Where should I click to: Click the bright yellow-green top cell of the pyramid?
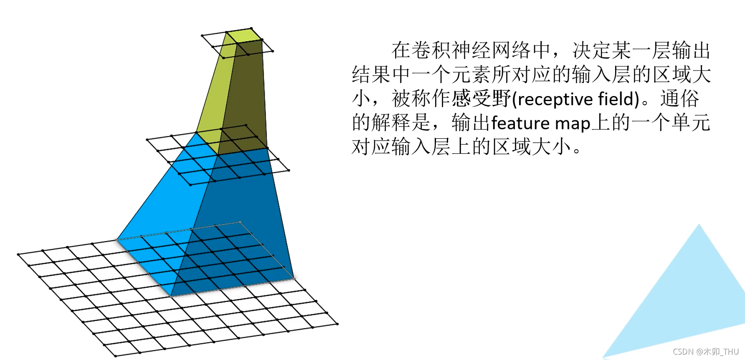[244, 36]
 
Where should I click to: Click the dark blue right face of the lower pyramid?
[242, 209]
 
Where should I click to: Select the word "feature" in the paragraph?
[520, 124]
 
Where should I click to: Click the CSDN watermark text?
[705, 352]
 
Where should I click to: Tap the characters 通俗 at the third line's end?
[680, 99]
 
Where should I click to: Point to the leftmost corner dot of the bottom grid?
[18, 254]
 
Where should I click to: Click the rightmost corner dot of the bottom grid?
[337, 324]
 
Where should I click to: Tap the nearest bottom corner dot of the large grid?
[116, 356]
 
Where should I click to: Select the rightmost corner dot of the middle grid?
[289, 170]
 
